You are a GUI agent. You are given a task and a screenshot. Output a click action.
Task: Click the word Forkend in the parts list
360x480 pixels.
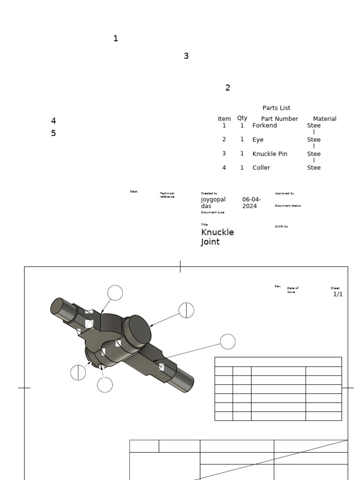coord(264,126)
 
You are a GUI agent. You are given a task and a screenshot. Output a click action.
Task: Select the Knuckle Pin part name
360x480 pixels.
coord(270,154)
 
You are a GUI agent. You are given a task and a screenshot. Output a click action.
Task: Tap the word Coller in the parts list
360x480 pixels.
coord(261,168)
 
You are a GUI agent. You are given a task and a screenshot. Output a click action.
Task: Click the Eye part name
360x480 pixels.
coord(258,140)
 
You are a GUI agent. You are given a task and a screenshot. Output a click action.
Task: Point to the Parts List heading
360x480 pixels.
coord(276,108)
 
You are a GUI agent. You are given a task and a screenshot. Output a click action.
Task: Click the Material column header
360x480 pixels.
coord(324,119)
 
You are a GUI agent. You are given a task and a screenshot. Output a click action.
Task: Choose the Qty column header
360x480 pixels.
coord(242,118)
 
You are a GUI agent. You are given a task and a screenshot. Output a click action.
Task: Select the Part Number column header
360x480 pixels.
coord(279,119)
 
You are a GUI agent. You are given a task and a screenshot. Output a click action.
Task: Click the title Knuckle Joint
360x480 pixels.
coord(217,237)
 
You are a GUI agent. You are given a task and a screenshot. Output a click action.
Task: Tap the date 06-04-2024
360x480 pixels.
coord(251,202)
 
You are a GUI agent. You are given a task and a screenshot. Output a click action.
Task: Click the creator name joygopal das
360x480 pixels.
coord(213,202)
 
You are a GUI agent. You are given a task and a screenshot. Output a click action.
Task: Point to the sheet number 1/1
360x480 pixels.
coord(337,294)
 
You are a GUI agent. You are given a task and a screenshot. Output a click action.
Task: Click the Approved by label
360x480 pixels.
coord(284,193)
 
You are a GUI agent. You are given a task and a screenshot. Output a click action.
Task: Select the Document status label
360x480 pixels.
coord(287,206)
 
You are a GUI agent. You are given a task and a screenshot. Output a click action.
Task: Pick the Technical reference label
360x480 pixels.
coord(167,195)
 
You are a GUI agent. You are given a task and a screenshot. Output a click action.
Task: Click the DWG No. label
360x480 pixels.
coord(281,226)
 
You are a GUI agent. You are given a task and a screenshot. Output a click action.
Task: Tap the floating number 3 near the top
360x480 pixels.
coord(186,56)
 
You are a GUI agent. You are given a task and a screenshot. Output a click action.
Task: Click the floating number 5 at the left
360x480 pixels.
coord(53,133)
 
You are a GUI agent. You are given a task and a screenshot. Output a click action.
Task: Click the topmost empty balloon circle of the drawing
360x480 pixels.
coord(115,293)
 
